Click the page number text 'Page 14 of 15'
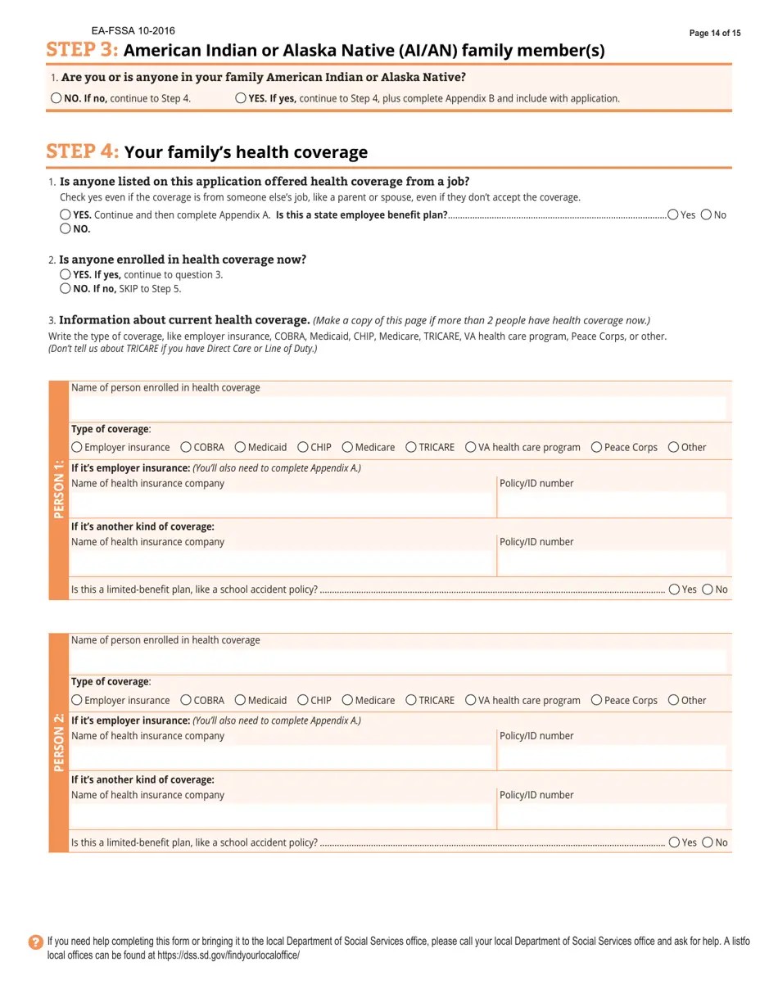coord(714,34)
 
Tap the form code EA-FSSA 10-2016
coord(133,31)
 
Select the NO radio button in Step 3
coord(56,98)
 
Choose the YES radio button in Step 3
coord(241,98)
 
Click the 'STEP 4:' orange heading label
coord(83,151)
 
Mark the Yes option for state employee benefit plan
coord(672,214)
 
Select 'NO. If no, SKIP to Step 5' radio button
coord(65,288)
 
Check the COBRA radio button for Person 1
coord(186,447)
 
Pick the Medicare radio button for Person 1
coord(347,447)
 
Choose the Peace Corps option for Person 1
coord(596,447)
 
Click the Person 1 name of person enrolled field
coord(398,409)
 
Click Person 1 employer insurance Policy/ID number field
coord(612,504)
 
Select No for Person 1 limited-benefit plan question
coord(708,589)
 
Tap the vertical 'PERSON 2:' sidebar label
coord(59,743)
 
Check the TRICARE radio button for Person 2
coord(411,700)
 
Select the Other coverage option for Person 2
coord(673,700)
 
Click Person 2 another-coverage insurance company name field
coord(282,815)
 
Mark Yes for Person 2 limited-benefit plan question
coord(674,842)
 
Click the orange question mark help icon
coord(35,942)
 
